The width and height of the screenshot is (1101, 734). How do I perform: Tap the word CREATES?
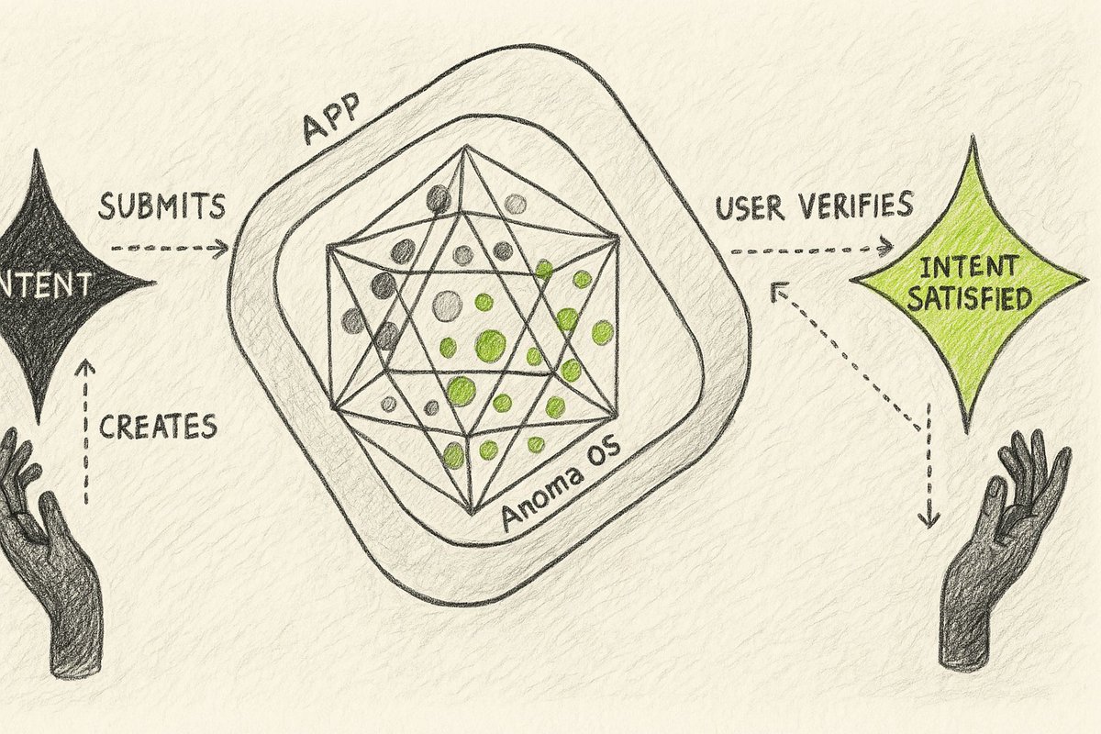point(158,426)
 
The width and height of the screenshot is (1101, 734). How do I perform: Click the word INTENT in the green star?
point(967,268)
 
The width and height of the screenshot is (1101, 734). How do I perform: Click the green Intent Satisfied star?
point(969,284)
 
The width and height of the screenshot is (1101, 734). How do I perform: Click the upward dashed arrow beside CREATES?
point(86,431)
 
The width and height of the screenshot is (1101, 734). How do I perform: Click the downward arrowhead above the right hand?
point(929,520)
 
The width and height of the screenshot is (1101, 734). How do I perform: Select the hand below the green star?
point(1000,550)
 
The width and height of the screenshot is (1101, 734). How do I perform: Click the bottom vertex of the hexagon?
point(473,512)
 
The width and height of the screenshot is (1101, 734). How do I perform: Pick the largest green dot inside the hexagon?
point(490,345)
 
